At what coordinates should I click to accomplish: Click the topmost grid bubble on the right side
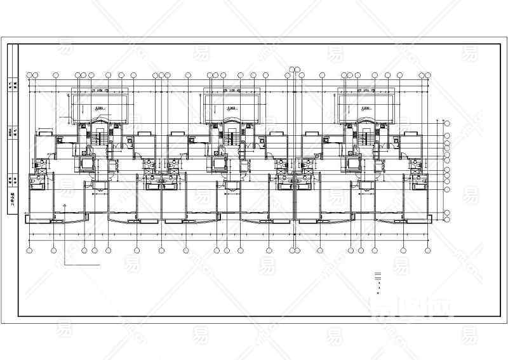click(x=446, y=123)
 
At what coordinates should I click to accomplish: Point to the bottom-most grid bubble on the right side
click(x=446, y=220)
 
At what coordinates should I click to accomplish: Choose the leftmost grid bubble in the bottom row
click(x=30, y=250)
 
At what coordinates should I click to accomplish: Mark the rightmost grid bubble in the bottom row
click(x=424, y=250)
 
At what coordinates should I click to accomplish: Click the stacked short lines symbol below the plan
click(x=378, y=276)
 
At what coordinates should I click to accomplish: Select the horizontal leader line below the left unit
click(x=83, y=263)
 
